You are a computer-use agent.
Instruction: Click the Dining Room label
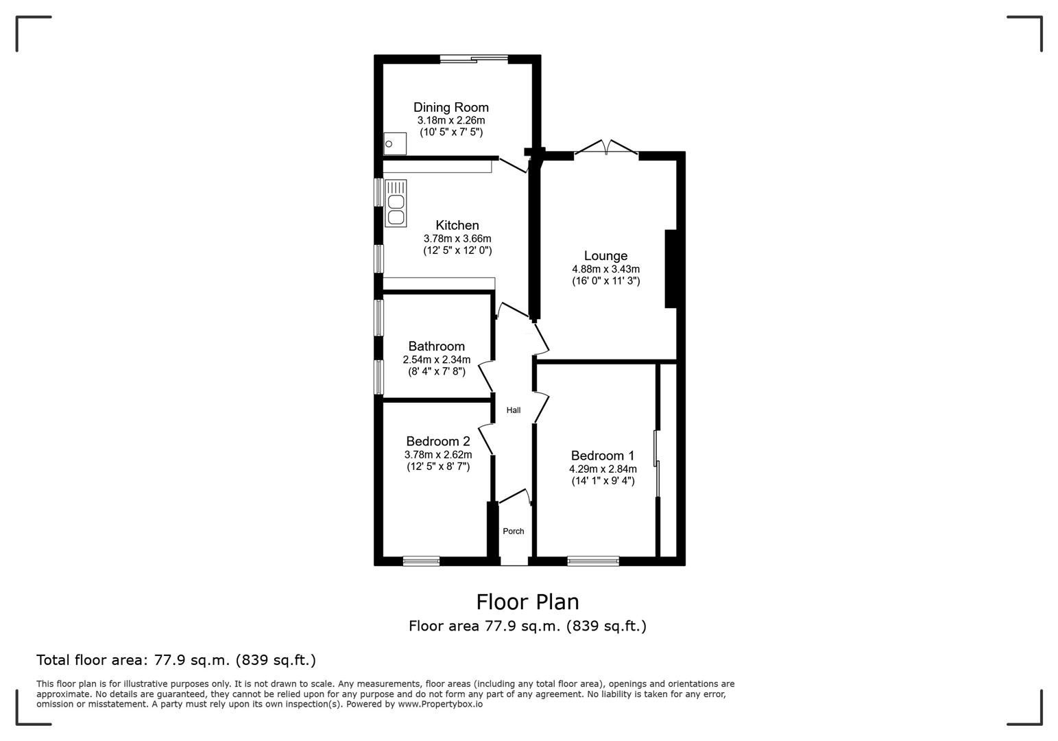pyautogui.click(x=450, y=107)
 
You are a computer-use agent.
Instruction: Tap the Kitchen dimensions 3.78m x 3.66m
pyautogui.click(x=457, y=239)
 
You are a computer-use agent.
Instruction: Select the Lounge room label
pyautogui.click(x=605, y=256)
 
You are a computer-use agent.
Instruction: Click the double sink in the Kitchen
pyautogui.click(x=396, y=203)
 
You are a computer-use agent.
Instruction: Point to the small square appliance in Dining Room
pyautogui.click(x=394, y=144)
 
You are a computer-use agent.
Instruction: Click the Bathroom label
pyautogui.click(x=436, y=346)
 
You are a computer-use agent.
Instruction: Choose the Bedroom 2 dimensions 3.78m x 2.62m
pyautogui.click(x=438, y=455)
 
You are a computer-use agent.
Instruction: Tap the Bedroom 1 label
pyautogui.click(x=603, y=456)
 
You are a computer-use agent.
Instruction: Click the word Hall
pyautogui.click(x=514, y=410)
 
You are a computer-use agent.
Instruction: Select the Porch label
pyautogui.click(x=514, y=531)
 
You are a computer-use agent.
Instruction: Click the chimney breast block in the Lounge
pyautogui.click(x=671, y=269)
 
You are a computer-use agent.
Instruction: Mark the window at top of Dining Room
pyautogui.click(x=474, y=60)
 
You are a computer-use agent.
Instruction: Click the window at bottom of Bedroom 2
pyautogui.click(x=421, y=561)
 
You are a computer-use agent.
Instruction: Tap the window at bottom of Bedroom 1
pyautogui.click(x=593, y=561)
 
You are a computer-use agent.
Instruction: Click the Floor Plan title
pyautogui.click(x=527, y=602)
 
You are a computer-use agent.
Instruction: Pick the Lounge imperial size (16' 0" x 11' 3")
pyautogui.click(x=605, y=281)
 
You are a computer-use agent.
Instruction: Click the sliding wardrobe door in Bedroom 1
pyautogui.click(x=656, y=463)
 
